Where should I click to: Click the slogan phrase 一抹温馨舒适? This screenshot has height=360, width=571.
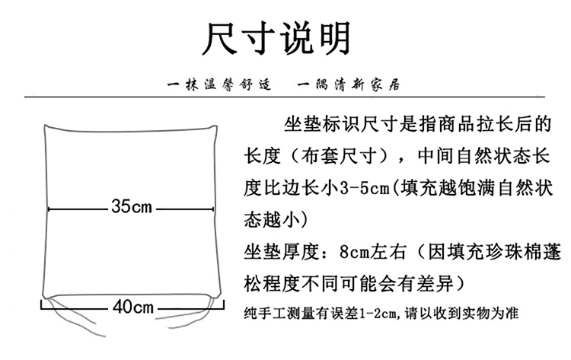pyautogui.click(x=218, y=82)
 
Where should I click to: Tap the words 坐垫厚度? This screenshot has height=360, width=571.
pyautogui.click(x=281, y=251)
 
